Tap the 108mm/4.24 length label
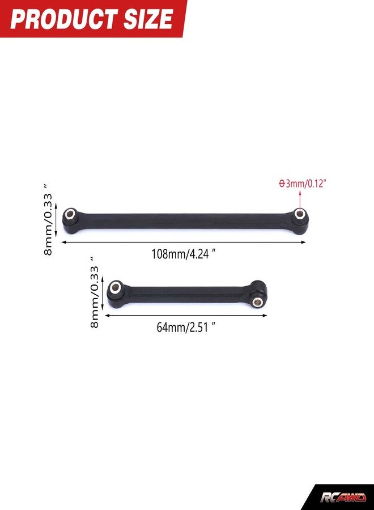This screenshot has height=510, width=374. pyautogui.click(x=184, y=254)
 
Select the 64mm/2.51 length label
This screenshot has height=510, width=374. pyautogui.click(x=186, y=327)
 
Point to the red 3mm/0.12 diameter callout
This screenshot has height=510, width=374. pyautogui.click(x=303, y=184)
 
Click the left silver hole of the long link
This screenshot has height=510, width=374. pyautogui.click(x=70, y=214)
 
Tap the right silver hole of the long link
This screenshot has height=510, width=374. pyautogui.click(x=300, y=214)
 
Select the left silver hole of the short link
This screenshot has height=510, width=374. pyautogui.click(x=114, y=287)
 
